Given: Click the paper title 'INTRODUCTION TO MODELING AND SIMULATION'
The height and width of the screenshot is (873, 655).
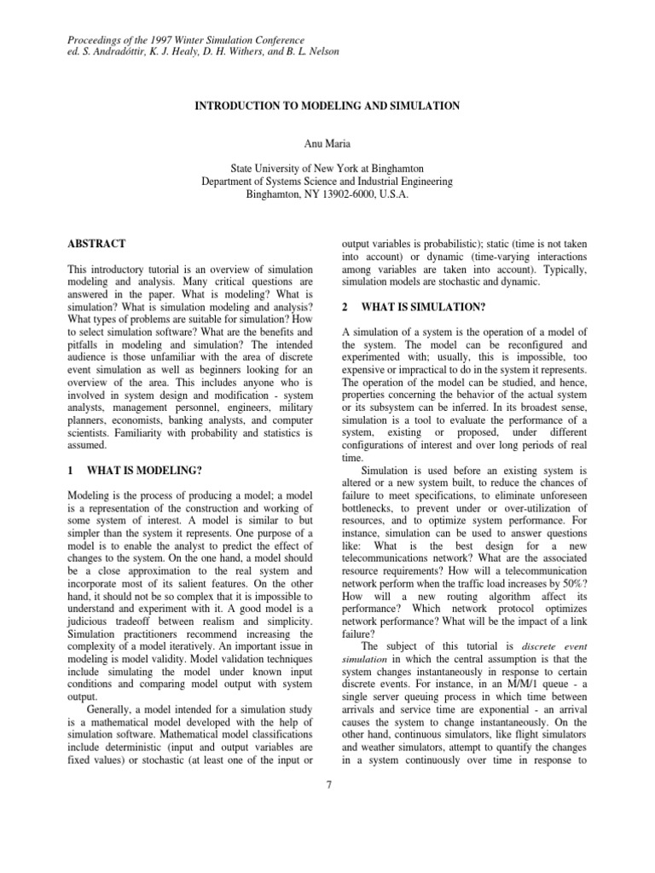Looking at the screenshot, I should tap(328, 106).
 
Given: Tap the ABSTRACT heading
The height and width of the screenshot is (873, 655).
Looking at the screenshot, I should tap(96, 244).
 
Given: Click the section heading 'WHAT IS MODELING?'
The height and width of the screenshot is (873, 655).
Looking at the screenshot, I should tap(150, 470).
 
